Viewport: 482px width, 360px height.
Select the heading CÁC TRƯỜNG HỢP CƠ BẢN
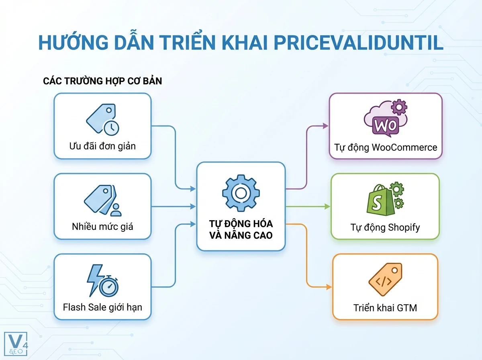pyautogui.click(x=102, y=81)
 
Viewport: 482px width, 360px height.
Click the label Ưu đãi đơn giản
pyautogui.click(x=102, y=146)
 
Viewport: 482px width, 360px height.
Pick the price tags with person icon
pyautogui.click(x=102, y=200)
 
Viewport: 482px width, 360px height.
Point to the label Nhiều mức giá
pyautogui.click(x=102, y=226)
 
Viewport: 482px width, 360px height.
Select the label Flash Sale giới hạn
pyautogui.click(x=102, y=307)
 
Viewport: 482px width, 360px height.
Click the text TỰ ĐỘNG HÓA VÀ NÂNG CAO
pyautogui.click(x=241, y=229)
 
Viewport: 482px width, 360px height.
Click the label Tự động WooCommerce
pyautogui.click(x=386, y=147)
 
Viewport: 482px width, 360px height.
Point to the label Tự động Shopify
pyautogui.click(x=385, y=227)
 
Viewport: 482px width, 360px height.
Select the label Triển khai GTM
pyautogui.click(x=385, y=308)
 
